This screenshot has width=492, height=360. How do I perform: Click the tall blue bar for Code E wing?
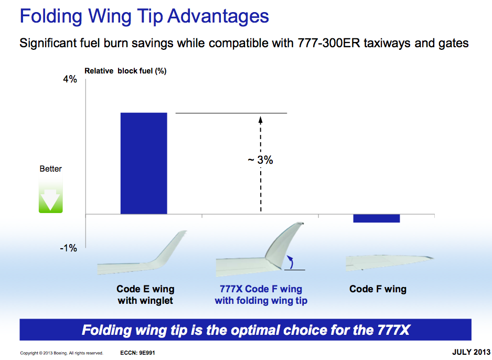coord(144,163)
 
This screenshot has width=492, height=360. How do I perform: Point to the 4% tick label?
coord(70,79)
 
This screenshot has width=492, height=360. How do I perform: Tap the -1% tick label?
coord(68,248)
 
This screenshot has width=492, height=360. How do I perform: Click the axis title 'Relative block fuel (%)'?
coord(125,71)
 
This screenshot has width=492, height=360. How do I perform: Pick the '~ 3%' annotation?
coord(260,160)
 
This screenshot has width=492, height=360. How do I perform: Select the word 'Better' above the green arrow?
coord(50,169)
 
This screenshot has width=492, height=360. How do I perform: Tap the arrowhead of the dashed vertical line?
coord(261,120)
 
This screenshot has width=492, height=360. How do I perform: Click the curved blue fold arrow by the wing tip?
coord(291,262)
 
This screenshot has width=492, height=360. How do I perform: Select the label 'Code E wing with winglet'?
coord(145,295)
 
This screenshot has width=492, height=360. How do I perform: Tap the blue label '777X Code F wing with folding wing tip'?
coord(261,295)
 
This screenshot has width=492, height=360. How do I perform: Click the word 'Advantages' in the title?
coord(218,16)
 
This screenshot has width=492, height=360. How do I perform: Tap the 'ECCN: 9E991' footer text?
coord(137,353)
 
